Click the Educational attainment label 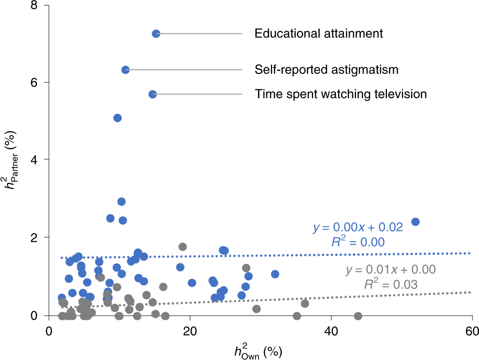319,34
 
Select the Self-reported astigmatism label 326,70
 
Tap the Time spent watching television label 341,94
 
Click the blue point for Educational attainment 156,34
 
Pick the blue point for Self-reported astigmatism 125,70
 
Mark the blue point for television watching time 152,94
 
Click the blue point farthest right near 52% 415,222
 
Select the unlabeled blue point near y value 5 117,118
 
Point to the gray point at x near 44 358,316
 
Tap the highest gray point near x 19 183,247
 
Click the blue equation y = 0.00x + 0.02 357,228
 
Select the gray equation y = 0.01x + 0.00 391,270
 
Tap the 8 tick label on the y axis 33,6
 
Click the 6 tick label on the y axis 33,82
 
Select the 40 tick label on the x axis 331,331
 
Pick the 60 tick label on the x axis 472,331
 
